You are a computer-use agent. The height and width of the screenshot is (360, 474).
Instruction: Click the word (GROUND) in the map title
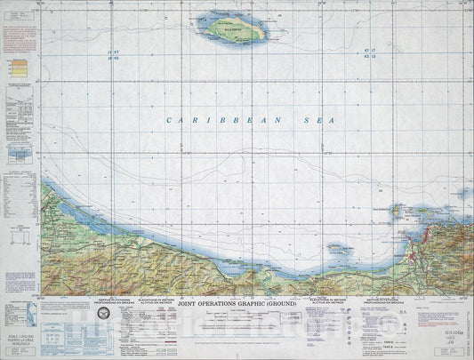(277, 304)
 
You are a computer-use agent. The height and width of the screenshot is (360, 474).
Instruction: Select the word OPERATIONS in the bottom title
(228, 304)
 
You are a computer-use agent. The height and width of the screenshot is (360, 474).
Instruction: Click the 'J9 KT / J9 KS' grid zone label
(113, 56)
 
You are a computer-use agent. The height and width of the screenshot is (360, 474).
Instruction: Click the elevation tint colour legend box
(17, 67)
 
